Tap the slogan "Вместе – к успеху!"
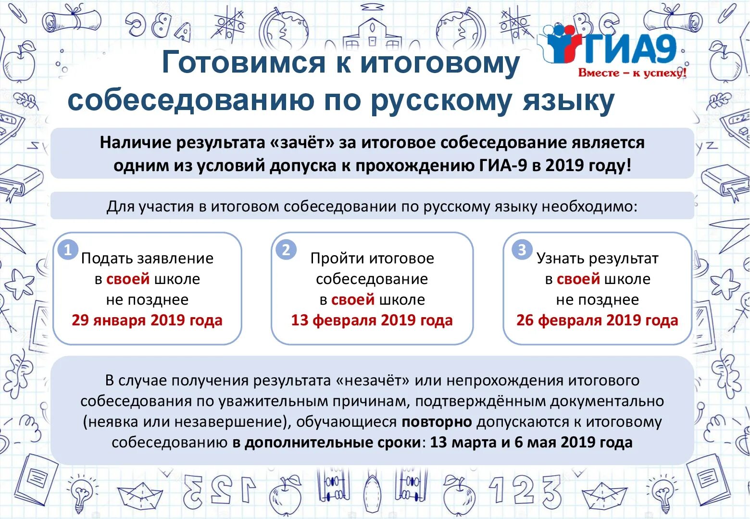[x=632, y=73]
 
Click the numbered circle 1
[x=68, y=250]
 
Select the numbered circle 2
[x=286, y=250]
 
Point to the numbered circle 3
[x=522, y=250]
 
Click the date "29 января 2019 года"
[x=147, y=321]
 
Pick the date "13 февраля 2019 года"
[x=372, y=321]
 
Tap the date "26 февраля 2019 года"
[x=597, y=321]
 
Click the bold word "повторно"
[x=437, y=422]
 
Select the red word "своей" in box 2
[x=353, y=300]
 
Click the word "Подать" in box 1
[x=107, y=259]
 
